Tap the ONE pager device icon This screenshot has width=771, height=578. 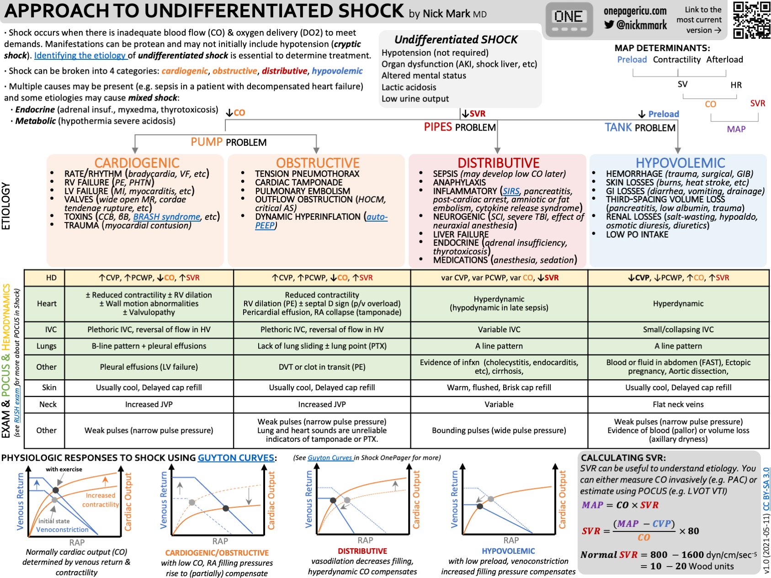(x=568, y=20)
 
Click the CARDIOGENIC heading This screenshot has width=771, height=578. (x=137, y=163)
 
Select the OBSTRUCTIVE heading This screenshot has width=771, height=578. (x=318, y=163)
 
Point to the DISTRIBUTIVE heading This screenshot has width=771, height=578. (x=498, y=163)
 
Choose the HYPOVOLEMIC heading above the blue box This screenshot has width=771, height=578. (x=680, y=163)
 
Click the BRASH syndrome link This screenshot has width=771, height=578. (x=166, y=217)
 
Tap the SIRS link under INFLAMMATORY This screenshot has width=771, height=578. (x=511, y=191)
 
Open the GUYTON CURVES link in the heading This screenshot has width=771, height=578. (x=236, y=458)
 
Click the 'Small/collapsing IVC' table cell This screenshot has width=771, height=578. (x=678, y=329)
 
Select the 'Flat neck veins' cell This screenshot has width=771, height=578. (x=678, y=404)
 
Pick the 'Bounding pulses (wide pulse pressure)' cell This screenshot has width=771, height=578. (x=499, y=430)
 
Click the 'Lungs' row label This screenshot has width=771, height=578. (x=47, y=346)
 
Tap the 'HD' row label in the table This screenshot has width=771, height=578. (x=51, y=278)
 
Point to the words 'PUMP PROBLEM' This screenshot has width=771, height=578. (x=229, y=142)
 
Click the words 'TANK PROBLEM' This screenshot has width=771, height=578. (x=640, y=127)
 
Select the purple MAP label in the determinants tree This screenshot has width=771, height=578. (x=736, y=129)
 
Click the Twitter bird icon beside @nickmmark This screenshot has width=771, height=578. (x=609, y=25)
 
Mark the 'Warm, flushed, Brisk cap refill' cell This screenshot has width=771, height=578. (x=499, y=387)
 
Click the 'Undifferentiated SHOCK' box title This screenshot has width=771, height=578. (x=456, y=40)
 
